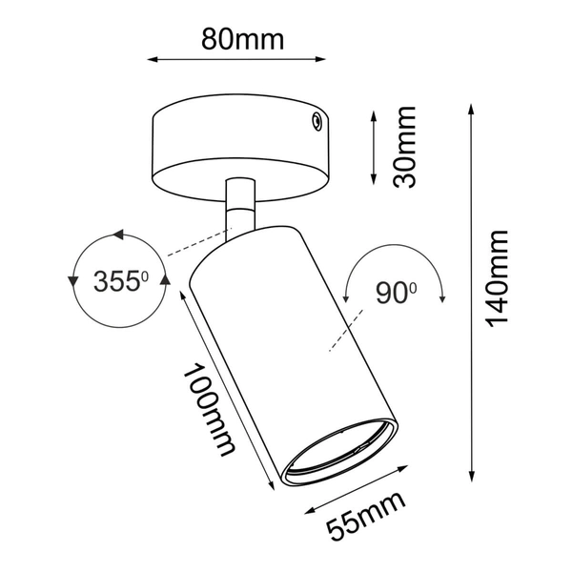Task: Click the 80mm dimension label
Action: [x=242, y=39]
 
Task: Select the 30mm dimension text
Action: [x=404, y=147]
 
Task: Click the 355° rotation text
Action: [x=122, y=281]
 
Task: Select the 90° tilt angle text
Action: [x=396, y=295]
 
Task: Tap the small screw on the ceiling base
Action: [x=312, y=121]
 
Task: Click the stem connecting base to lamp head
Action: [x=240, y=205]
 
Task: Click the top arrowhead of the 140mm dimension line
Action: [x=470, y=112]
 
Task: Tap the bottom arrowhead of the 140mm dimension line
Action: [x=470, y=474]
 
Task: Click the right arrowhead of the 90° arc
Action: [x=443, y=298]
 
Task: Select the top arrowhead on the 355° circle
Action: [x=118, y=234]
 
